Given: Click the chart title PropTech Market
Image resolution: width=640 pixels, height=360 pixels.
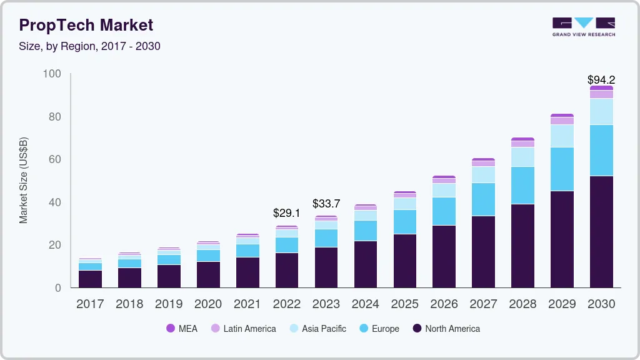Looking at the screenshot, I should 86,25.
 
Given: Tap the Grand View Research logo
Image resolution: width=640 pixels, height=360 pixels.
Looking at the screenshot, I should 583,27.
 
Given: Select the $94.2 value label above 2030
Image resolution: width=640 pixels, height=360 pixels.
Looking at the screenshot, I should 601,80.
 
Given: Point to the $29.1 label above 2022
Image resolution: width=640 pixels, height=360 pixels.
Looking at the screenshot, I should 287,213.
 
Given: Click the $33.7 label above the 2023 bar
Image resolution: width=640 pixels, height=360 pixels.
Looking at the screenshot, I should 326,203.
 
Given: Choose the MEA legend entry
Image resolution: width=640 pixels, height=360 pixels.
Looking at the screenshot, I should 182,329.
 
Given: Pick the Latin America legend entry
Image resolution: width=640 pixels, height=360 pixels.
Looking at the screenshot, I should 243,329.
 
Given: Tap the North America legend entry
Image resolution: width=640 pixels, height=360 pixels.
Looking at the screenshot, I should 446,329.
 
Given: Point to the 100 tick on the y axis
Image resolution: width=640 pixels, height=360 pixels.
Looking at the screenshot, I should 52,74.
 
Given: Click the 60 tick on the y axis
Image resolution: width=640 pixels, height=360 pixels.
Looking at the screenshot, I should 55,159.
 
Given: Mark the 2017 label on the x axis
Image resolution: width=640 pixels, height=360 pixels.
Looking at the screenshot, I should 90,304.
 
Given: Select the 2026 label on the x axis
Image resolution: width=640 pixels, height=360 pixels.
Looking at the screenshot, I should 444,304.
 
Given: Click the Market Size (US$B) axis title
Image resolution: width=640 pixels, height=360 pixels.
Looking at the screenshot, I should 24,181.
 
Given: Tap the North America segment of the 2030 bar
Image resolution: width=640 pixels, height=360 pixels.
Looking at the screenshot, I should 601,231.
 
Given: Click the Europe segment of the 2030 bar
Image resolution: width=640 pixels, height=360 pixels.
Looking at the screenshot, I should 601,150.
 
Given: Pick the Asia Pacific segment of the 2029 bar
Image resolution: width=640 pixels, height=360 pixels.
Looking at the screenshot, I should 562,136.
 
